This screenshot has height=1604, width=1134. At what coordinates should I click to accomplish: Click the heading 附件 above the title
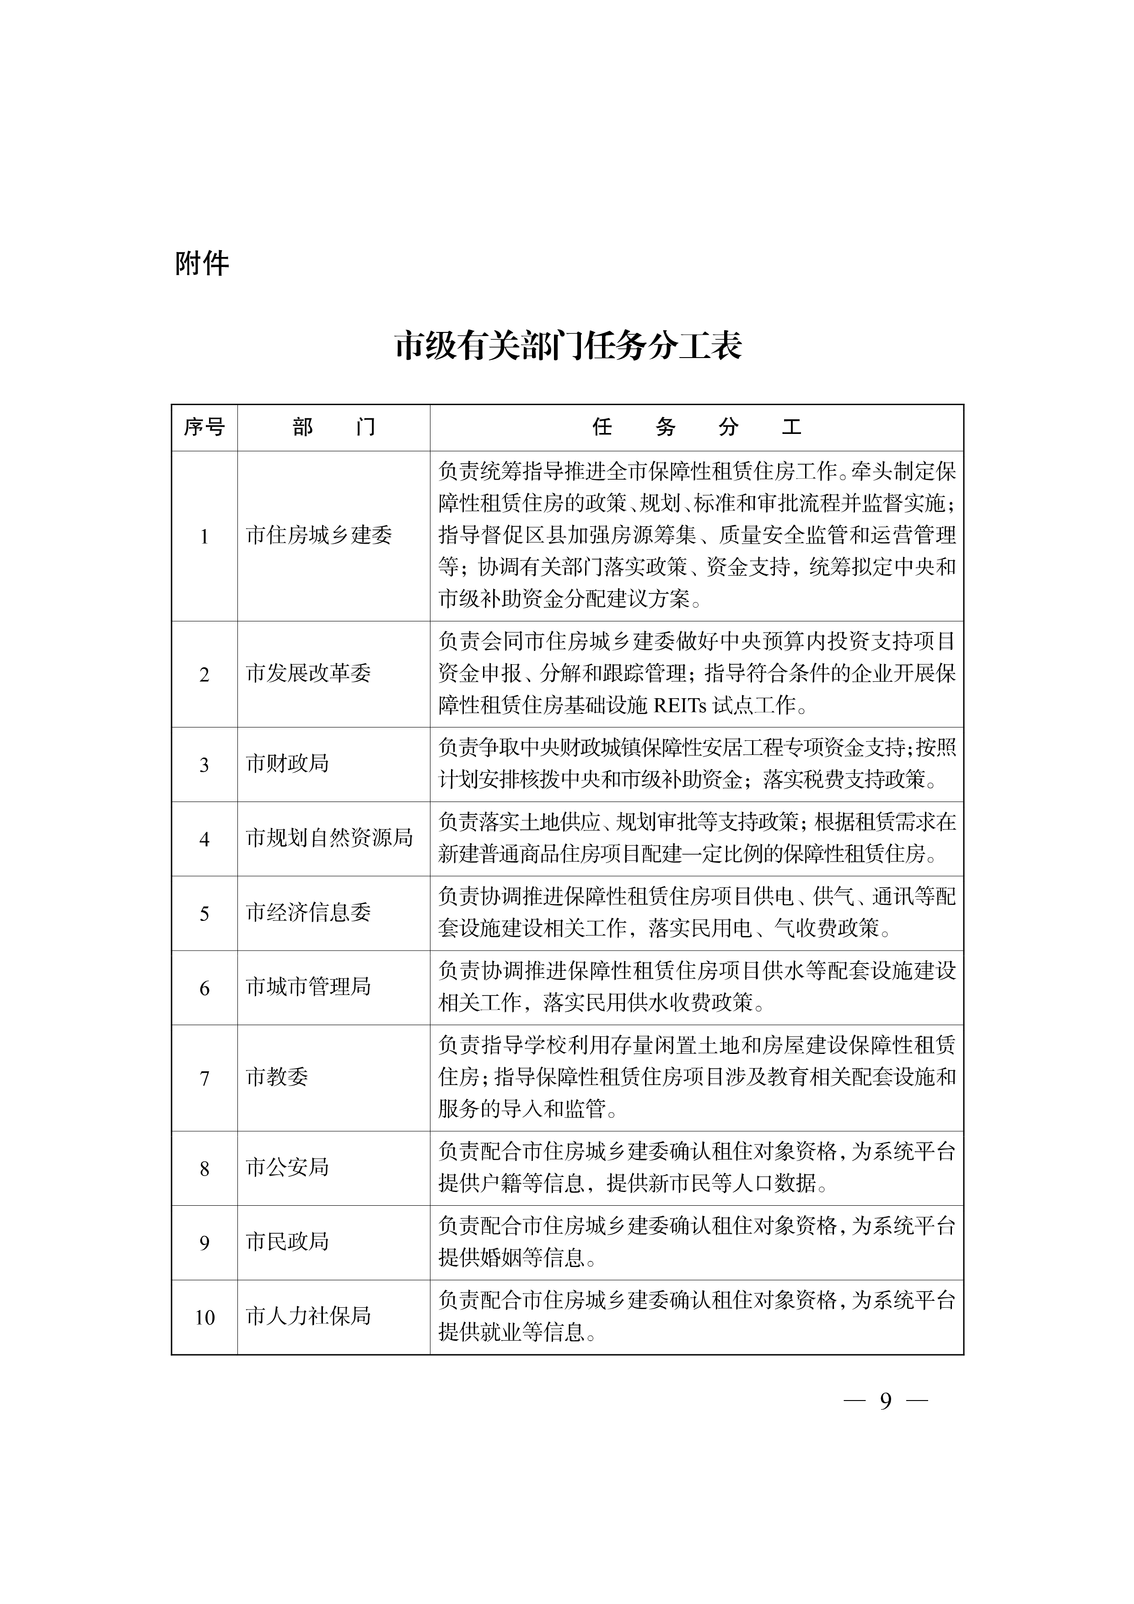pyautogui.click(x=202, y=264)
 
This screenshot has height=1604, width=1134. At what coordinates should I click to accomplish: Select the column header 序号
pyautogui.click(x=204, y=427)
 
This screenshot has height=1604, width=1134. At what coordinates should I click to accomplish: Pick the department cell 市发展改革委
pyautogui.click(x=308, y=674)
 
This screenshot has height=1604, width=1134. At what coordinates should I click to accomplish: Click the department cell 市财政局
pyautogui.click(x=287, y=764)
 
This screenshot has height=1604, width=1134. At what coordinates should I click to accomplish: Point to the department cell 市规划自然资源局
pyautogui.click(x=329, y=838)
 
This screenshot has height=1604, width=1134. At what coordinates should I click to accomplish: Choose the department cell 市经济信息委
pyautogui.click(x=308, y=912)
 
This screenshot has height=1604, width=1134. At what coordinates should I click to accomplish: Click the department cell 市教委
pyautogui.click(x=277, y=1076)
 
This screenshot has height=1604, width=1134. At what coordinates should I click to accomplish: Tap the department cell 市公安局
pyautogui.click(x=287, y=1167)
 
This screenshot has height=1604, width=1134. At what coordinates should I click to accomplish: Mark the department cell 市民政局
pyautogui.click(x=287, y=1241)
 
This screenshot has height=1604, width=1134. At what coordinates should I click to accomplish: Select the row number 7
pyautogui.click(x=204, y=1079)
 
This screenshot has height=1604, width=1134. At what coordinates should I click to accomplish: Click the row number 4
pyautogui.click(x=204, y=839)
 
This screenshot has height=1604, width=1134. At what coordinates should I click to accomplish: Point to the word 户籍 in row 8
pyautogui.click(x=500, y=1183)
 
